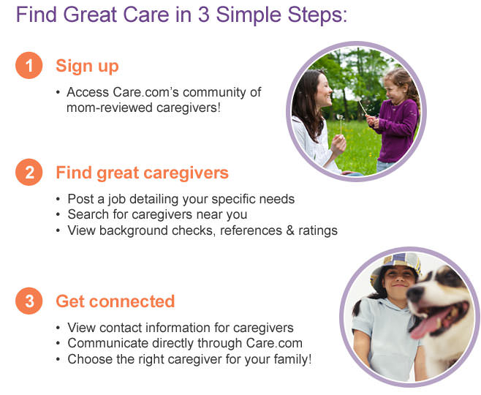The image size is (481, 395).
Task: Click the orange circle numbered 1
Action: [29, 65]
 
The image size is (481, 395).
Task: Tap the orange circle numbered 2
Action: [29, 172]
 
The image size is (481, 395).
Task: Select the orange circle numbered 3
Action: [29, 301]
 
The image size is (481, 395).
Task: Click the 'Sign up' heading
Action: [87, 67]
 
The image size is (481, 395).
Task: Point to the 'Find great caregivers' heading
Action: [142, 173]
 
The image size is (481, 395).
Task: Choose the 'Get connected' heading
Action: [115, 301]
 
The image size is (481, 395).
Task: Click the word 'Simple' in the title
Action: [248, 15]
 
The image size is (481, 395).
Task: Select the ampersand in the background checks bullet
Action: [290, 230]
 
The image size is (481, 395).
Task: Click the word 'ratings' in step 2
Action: [318, 231]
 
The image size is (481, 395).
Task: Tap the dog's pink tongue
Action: [430, 326]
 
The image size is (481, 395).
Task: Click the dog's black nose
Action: [415, 294]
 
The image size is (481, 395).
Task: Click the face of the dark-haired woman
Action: [322, 90]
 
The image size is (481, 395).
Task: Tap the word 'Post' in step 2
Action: [81, 199]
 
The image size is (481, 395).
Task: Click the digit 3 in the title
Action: [204, 15]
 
